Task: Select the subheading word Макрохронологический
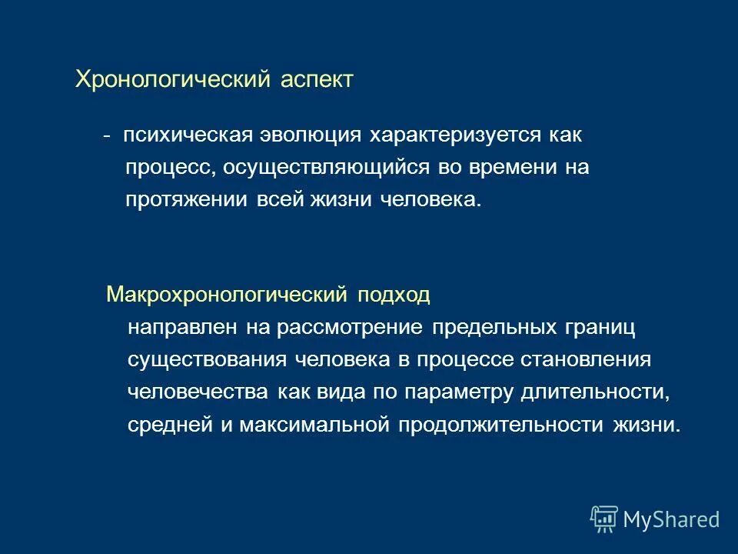pyautogui.click(x=227, y=294)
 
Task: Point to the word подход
pyautogui.click(x=394, y=295)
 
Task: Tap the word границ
pyautogui.click(x=600, y=328)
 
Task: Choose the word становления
pyautogui.click(x=587, y=360)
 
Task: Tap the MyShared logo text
pyautogui.click(x=670, y=519)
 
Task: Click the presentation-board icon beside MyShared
pyautogui.click(x=604, y=519)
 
